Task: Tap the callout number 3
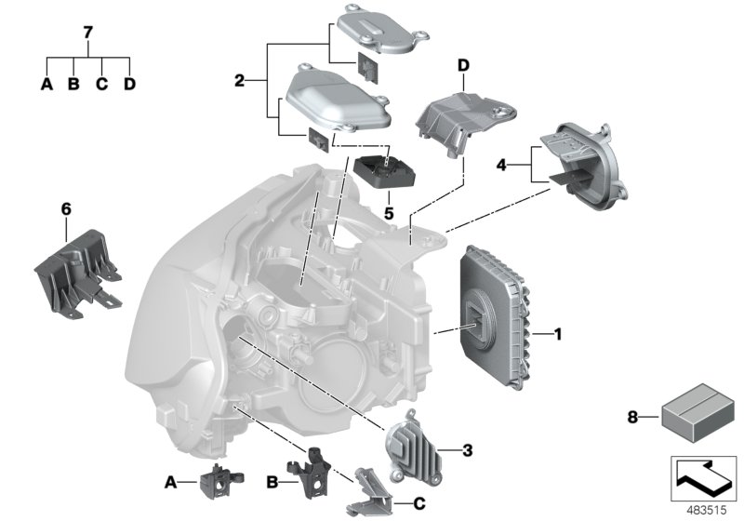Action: (x=468, y=451)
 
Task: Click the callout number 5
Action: (x=390, y=212)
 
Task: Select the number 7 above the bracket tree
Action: (x=88, y=33)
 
